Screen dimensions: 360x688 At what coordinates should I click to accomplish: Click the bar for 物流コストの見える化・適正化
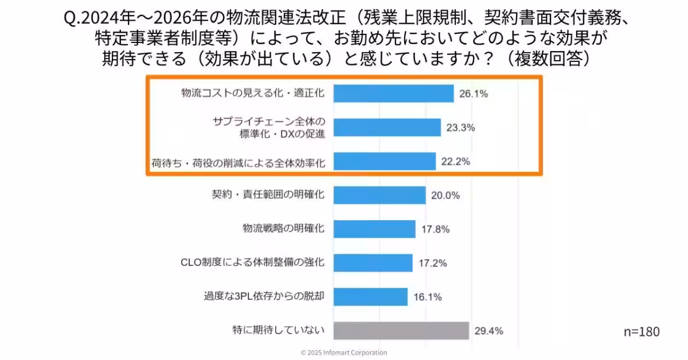393,93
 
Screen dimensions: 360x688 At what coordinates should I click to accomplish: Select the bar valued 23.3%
386,128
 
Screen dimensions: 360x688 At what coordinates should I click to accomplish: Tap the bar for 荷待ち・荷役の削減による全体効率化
384,162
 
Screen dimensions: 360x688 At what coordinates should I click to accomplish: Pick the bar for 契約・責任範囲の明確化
379,195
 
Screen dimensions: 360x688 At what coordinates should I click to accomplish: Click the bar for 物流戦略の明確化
374,229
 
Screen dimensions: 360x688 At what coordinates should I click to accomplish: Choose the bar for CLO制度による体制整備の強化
373,263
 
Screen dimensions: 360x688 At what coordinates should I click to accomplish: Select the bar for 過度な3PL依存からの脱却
370,296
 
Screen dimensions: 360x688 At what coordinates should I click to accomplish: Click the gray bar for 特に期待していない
401,330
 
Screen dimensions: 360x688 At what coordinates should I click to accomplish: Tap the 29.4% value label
488,331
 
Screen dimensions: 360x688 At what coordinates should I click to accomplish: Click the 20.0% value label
445,195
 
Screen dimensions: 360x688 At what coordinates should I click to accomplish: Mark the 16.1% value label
427,297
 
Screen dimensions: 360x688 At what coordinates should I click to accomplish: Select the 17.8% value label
435,229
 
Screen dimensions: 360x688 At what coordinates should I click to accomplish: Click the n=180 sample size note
641,331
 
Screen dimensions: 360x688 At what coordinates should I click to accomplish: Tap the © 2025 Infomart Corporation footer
344,353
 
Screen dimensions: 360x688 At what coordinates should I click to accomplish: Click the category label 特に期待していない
279,330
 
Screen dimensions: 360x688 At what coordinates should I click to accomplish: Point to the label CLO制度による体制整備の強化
253,263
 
